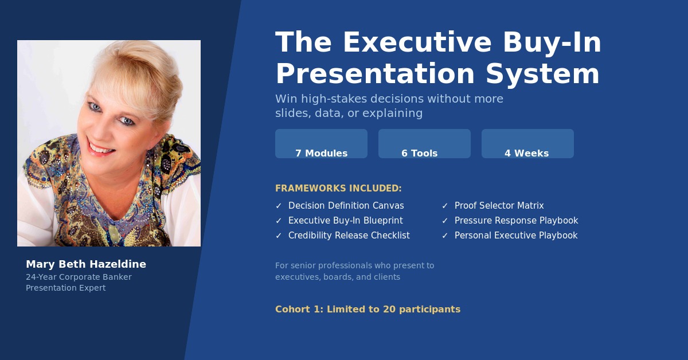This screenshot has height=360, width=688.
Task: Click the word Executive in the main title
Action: (417, 42)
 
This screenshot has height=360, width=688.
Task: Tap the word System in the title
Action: (542, 74)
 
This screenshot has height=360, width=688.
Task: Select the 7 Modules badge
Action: (321, 144)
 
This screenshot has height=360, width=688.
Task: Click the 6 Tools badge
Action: (424, 144)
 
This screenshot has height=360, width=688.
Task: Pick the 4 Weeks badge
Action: (527, 144)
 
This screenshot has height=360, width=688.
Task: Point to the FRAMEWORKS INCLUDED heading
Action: (338, 188)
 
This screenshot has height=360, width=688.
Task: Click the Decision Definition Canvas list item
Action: (346, 205)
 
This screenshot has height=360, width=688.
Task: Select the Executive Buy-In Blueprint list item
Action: (346, 221)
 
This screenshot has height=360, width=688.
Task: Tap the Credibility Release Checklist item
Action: (349, 235)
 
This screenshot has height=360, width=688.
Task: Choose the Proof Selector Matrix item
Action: (499, 205)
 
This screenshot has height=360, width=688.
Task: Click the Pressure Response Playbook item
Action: (517, 221)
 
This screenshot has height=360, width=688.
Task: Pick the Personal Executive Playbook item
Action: (516, 235)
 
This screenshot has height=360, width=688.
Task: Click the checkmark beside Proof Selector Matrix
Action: (445, 206)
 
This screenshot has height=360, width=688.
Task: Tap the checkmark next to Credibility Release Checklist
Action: (279, 236)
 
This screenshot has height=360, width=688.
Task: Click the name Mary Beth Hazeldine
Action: (86, 264)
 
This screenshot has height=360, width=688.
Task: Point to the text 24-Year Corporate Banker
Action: (79, 277)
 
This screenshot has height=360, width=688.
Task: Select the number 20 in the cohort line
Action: (389, 309)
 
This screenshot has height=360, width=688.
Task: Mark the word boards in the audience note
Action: (338, 277)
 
